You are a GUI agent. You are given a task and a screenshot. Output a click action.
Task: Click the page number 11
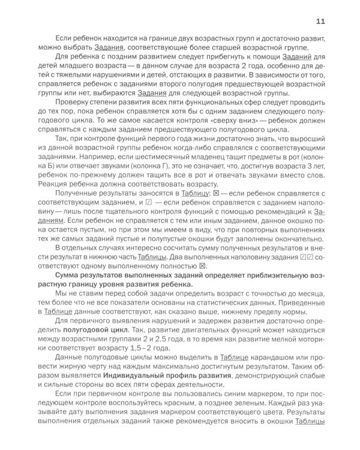(320, 22)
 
